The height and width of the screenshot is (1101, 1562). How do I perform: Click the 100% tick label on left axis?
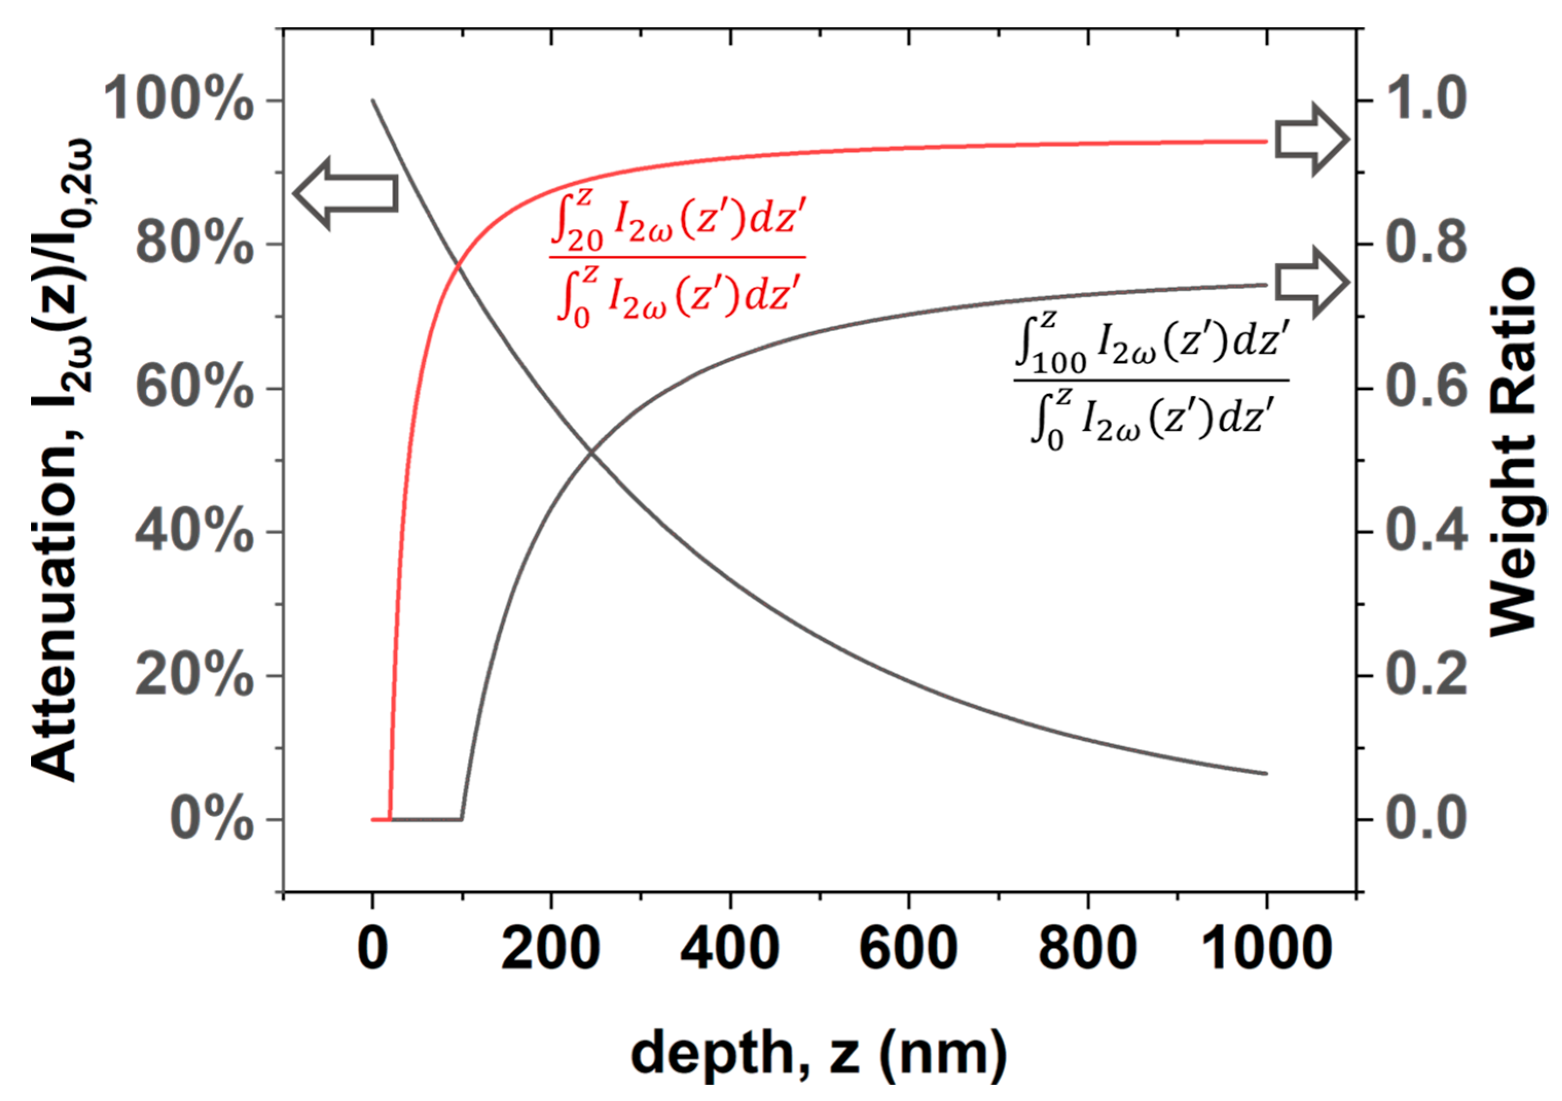178,101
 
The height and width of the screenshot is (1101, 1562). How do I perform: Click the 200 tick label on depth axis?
550,949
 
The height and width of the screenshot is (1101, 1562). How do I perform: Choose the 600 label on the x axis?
908,949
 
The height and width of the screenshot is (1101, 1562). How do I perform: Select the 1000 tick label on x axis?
1266,949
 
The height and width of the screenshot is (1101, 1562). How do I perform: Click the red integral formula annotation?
678,258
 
